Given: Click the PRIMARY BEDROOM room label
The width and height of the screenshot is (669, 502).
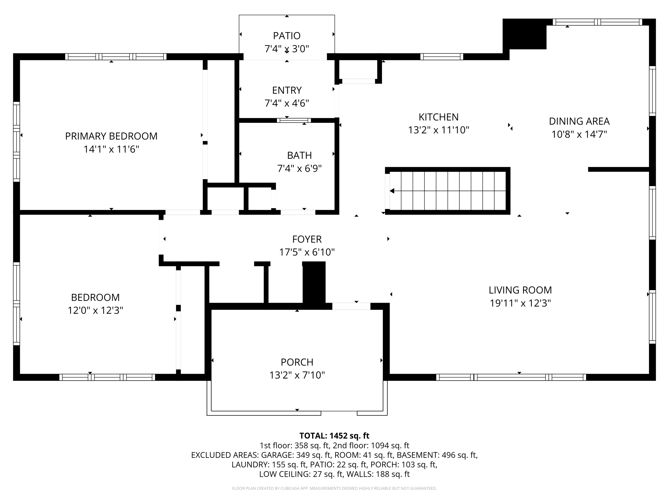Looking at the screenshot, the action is point(111,136).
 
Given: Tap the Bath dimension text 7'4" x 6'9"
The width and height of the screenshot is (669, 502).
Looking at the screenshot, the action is point(299,168).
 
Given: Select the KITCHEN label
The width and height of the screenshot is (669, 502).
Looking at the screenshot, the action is point(439,117).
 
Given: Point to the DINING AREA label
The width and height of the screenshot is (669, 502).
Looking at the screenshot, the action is point(579,121).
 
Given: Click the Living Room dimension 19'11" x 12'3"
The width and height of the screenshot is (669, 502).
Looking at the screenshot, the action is point(520,303).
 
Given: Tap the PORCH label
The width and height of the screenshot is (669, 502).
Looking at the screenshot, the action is point(297,362).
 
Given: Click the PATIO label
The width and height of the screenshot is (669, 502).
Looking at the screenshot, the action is point(287,36).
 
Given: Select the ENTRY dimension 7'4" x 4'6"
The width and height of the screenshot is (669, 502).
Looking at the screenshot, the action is point(287,103).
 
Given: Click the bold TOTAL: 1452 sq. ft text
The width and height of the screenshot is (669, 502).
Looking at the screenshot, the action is point(334,436).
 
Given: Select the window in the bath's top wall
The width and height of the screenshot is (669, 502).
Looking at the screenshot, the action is point(294,120).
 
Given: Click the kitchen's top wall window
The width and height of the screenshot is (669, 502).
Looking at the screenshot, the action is point(442,57).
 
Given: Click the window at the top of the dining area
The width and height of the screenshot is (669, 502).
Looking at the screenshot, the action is point(597,22).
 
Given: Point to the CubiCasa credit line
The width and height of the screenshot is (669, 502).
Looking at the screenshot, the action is point(334,488).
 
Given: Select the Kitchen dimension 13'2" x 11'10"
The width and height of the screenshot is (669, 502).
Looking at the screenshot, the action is point(439,130).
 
